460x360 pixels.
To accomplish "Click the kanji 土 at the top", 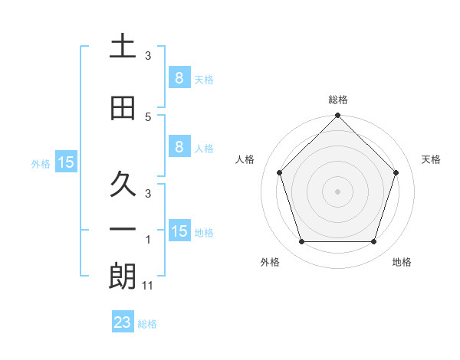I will pyautogui.click(x=123, y=46).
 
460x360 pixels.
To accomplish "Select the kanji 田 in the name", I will pyautogui.click(x=123, y=108).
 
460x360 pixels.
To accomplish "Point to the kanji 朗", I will pyautogui.click(x=123, y=277).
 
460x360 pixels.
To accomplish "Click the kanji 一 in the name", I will pyautogui.click(x=123, y=231).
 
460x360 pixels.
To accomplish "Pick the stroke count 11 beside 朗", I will pyautogui.click(x=148, y=286).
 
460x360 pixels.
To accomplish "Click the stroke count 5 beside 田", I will pyautogui.click(x=148, y=117).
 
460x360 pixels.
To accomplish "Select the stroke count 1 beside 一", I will pyautogui.click(x=148, y=240).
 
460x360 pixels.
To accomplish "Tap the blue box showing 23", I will pyautogui.click(x=123, y=322).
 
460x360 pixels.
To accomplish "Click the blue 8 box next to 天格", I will pyautogui.click(x=179, y=77).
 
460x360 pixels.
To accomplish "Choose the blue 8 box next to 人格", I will pyautogui.click(x=179, y=147).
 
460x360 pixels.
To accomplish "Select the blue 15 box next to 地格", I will pyautogui.click(x=179, y=231).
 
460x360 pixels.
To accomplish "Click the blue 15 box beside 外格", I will pyautogui.click(x=66, y=162).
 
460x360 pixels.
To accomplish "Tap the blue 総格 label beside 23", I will pyautogui.click(x=148, y=324).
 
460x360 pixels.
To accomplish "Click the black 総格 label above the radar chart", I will pyautogui.click(x=337, y=100).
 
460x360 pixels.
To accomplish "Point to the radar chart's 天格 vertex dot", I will pyautogui.click(x=396, y=172).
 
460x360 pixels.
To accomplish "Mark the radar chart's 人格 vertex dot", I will pyautogui.click(x=279, y=172).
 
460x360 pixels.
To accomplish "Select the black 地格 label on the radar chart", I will pyautogui.click(x=402, y=263).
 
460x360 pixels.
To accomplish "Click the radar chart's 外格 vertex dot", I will pyautogui.click(x=301, y=242).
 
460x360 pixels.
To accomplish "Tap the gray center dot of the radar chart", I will pyautogui.click(x=337, y=191).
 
